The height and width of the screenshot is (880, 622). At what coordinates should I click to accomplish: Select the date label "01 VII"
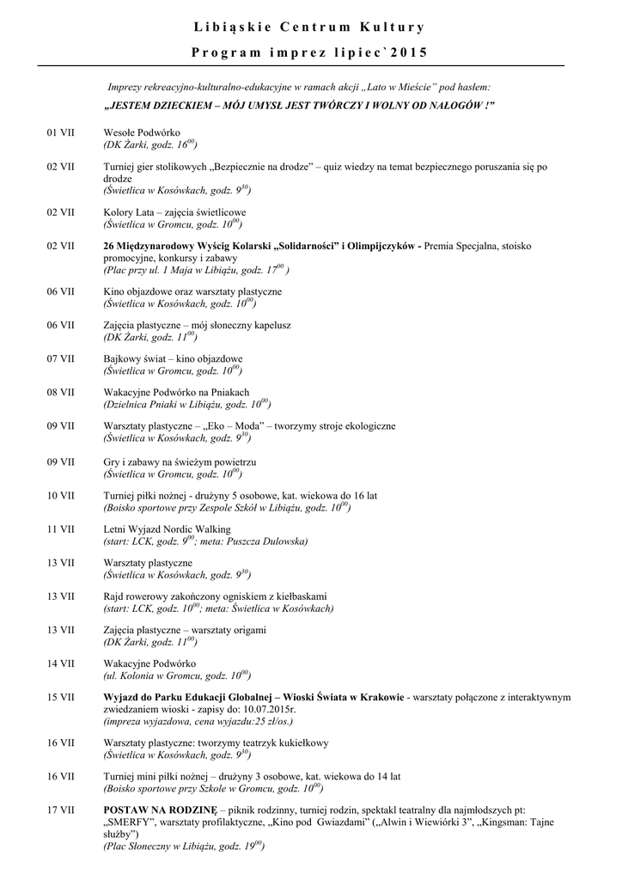pos(60,133)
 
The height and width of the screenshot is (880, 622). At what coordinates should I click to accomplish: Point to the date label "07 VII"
pos(60,358)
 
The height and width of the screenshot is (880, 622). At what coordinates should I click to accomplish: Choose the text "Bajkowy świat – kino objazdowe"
pos(173,358)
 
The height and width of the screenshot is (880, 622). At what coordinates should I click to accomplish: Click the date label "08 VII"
pos(60,392)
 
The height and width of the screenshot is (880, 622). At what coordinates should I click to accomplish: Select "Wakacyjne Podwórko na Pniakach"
pos(175,392)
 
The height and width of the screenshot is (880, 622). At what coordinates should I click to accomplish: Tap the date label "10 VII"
pos(60,496)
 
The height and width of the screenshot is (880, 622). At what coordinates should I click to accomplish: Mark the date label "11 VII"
pos(60,530)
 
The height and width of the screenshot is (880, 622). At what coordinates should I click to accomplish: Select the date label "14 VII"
pos(60,663)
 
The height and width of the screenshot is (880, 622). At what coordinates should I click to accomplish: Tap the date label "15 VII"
pos(60,698)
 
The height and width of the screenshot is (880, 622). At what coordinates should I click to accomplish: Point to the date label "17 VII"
pos(60,810)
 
